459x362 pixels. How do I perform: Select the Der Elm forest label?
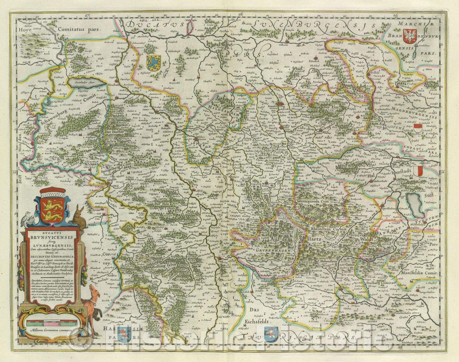click(x=329, y=107)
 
